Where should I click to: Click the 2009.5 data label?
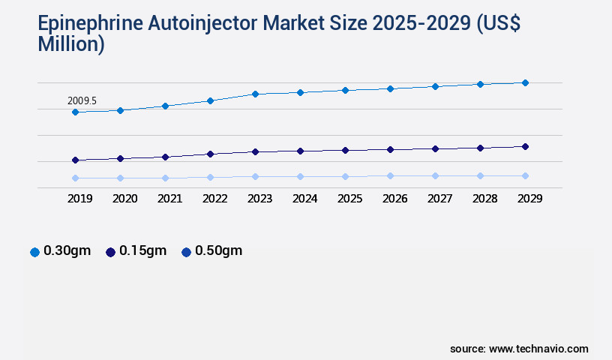pos(82,100)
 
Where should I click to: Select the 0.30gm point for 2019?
pos(75,112)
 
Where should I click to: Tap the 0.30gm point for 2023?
pos(255,94)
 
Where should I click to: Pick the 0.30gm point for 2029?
pos(525,82)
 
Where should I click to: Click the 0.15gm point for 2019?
pos(75,160)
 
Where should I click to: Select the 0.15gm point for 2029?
pos(525,146)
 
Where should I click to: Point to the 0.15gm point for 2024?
pos(300,151)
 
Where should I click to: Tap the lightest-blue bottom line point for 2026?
pos(390,175)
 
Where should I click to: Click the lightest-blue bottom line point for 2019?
pos(75,178)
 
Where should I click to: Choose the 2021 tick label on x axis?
pos(169,199)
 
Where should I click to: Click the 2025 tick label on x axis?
pos(349,199)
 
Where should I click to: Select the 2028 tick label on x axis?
pos(484,199)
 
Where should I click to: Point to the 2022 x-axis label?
pos(214,199)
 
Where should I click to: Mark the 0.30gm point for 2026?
pos(390,88)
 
